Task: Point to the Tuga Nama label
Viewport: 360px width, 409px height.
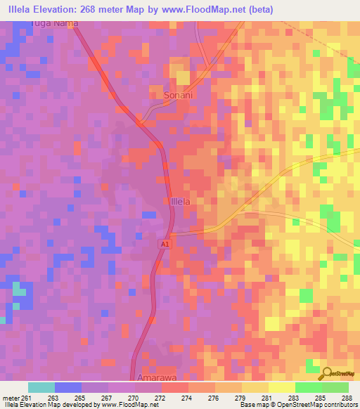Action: tap(55, 23)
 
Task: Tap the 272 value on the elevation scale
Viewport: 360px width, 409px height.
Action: tap(159, 397)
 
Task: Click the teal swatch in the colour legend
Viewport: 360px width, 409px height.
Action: tap(41, 387)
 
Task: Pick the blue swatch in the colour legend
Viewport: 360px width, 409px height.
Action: tap(68, 387)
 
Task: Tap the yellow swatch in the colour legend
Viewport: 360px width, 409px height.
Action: tap(282, 387)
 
